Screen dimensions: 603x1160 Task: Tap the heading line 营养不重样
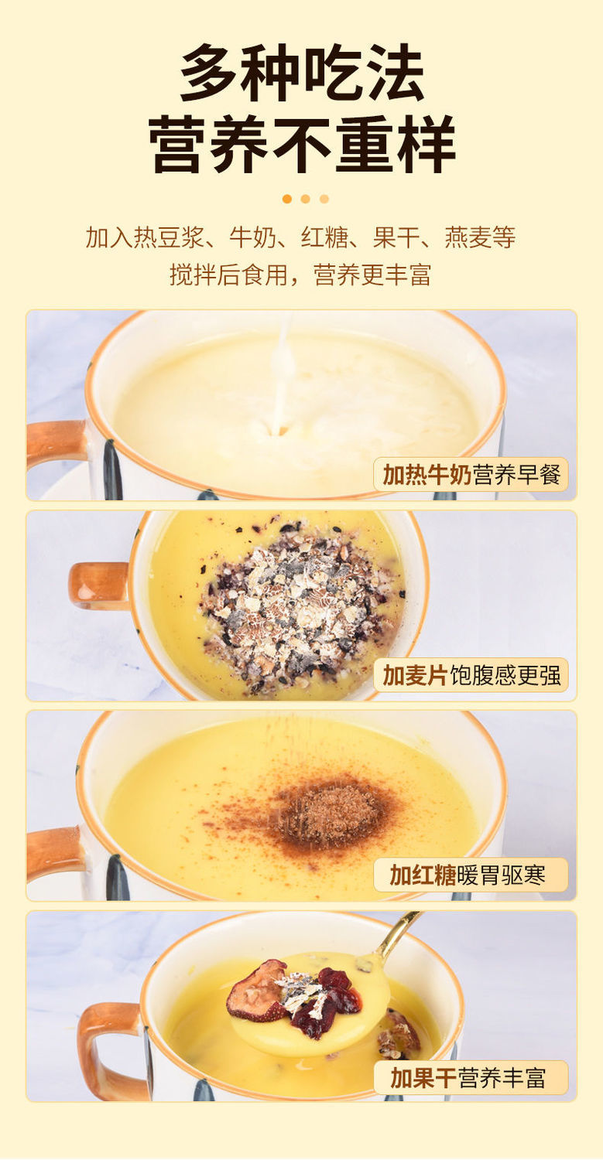pyautogui.click(x=303, y=145)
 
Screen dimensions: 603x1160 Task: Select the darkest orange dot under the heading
pyautogui.click(x=286, y=199)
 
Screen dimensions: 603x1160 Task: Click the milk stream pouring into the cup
pyautogui.click(x=282, y=378)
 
